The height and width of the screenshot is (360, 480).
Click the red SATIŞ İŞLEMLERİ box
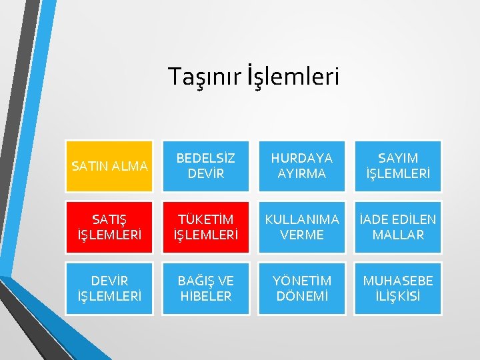click(x=109, y=227)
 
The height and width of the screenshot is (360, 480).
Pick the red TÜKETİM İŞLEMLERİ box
click(x=205, y=227)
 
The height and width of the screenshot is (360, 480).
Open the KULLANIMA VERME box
click(x=302, y=227)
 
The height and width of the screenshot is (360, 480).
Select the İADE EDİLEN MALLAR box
click(x=398, y=227)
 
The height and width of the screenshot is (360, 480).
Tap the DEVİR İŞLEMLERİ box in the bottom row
click(x=109, y=289)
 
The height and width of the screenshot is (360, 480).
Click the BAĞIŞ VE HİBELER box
click(x=205, y=289)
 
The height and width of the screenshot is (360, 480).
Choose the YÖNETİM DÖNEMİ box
click(x=302, y=289)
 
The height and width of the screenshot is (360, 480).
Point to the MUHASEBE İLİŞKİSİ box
click(x=398, y=289)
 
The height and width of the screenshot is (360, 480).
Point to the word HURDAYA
click(x=302, y=159)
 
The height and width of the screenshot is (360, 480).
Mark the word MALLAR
click(x=398, y=235)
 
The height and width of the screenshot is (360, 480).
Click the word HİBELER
click(x=206, y=297)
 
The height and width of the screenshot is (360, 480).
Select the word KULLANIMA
click(x=302, y=219)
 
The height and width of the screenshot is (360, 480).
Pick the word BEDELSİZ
click(x=205, y=159)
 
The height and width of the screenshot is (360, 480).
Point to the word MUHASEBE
click(x=398, y=281)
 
